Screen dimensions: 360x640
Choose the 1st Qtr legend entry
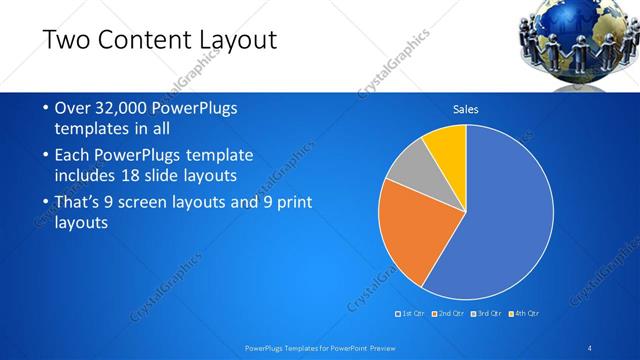click(411, 314)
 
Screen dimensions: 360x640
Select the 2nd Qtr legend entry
click(447, 314)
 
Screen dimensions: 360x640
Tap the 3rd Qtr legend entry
click(484, 314)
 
